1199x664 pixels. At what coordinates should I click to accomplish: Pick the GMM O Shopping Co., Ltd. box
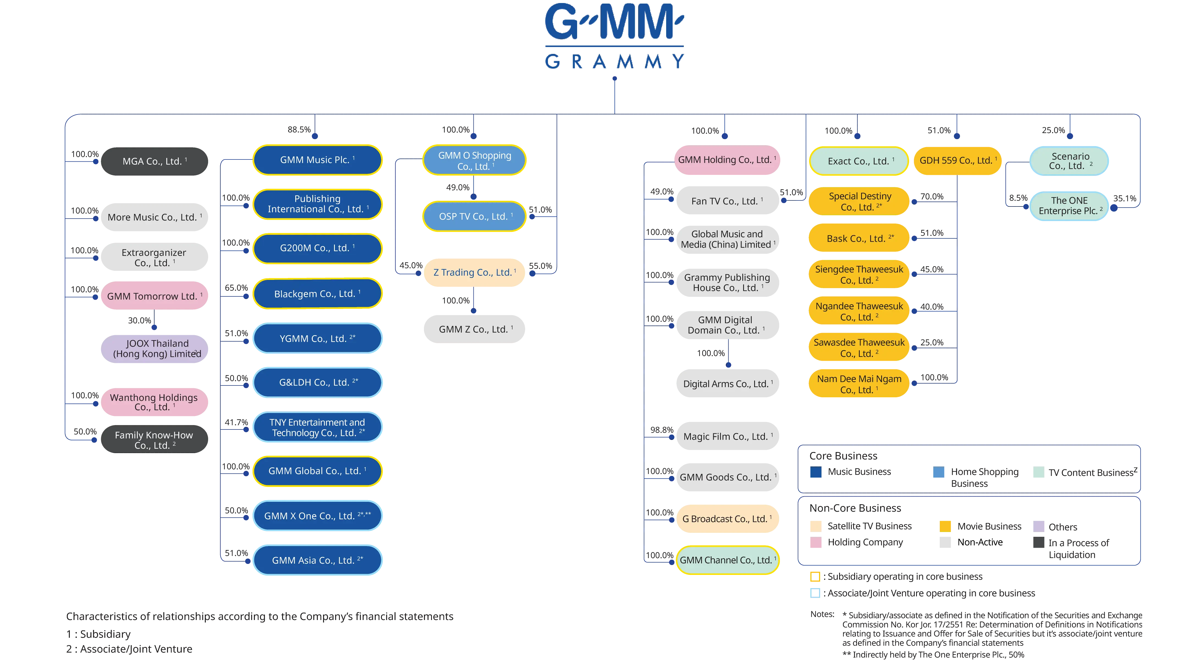tap(474, 161)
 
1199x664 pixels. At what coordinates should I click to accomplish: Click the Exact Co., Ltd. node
tap(859, 161)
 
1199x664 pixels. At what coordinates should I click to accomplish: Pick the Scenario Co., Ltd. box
tap(1070, 161)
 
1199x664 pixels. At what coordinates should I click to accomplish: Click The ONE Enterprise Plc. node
tap(1069, 206)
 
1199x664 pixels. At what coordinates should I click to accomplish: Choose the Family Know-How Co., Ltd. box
tap(154, 440)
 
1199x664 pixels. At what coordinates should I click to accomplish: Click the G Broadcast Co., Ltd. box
tap(727, 519)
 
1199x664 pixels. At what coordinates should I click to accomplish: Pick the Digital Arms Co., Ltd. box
tap(727, 384)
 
